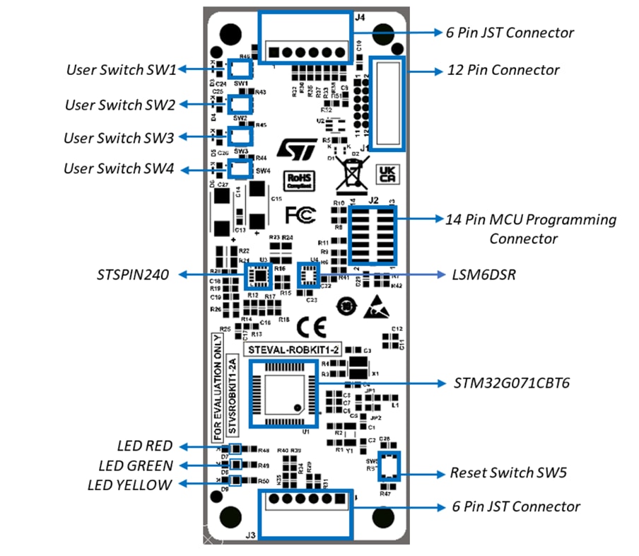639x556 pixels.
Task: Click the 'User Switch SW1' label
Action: pyautogui.click(x=121, y=69)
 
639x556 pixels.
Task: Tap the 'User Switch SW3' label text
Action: pyautogui.click(x=119, y=137)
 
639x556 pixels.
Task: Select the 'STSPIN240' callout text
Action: pyautogui.click(x=134, y=274)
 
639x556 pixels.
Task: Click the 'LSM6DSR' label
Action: pyautogui.click(x=483, y=274)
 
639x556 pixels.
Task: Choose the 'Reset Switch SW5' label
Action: pyautogui.click(x=508, y=473)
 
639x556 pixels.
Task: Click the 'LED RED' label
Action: pyautogui.click(x=144, y=446)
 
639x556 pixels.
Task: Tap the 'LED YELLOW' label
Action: pyautogui.click(x=129, y=485)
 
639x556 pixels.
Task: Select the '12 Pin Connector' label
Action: pyautogui.click(x=503, y=70)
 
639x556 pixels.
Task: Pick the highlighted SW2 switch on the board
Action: pyautogui.click(x=241, y=103)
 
